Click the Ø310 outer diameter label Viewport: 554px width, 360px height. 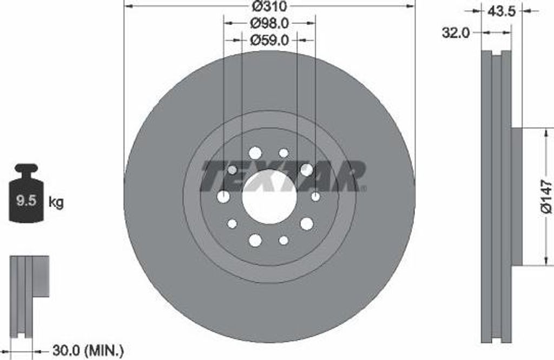coord(269,7)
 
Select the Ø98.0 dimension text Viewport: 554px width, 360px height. coord(269,23)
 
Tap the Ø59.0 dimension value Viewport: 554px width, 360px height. coord(269,39)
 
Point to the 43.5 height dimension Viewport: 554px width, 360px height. coord(500,11)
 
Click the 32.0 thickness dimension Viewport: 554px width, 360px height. coord(455,33)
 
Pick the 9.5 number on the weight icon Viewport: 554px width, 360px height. coord(25,202)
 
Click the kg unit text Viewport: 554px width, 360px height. coord(56,203)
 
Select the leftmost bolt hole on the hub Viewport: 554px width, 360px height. coord(223,197)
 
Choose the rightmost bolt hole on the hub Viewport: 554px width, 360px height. coord(315,196)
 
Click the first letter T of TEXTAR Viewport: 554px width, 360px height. coord(214,176)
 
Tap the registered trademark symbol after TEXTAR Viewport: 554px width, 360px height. coord(363,189)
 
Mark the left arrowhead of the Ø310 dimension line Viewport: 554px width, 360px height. coord(128,7)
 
